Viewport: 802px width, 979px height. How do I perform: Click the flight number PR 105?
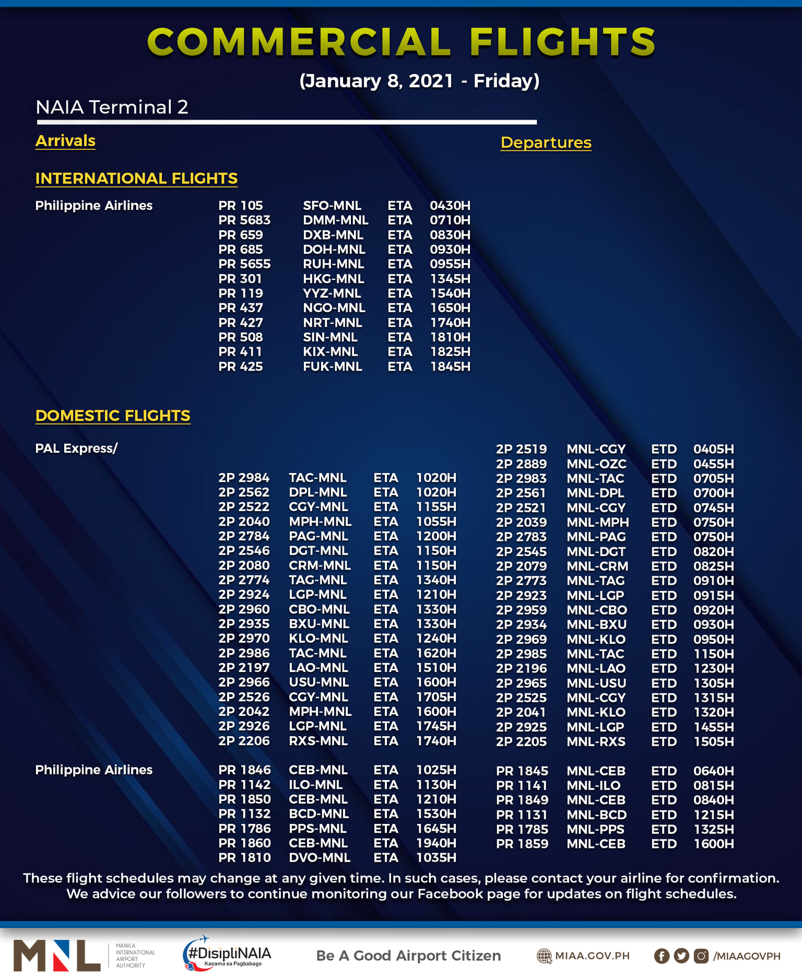point(241,206)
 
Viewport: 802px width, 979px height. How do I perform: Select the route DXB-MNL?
point(333,235)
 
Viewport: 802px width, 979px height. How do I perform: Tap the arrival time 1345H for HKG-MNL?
point(450,279)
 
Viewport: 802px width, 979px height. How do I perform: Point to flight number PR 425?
point(241,367)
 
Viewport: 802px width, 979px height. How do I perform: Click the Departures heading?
point(546,143)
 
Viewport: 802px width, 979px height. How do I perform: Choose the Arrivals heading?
point(65,141)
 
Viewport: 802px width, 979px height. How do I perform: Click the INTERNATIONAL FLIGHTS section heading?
point(136,179)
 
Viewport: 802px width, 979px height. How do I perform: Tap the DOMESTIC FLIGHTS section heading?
point(113,416)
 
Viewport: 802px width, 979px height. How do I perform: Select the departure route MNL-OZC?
point(596,464)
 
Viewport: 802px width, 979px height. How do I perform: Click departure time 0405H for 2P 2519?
point(713,449)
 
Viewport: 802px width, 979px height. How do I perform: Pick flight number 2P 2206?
point(244,741)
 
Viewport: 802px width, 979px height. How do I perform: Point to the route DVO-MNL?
point(320,857)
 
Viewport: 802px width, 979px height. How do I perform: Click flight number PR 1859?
point(522,844)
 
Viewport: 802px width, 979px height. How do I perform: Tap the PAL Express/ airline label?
point(76,449)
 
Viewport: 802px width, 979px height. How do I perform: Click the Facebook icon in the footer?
point(662,956)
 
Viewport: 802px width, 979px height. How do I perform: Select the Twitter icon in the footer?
point(681,956)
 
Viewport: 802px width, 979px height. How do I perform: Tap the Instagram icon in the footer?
point(701,956)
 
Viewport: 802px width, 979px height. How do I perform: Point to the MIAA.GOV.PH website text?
point(592,956)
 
